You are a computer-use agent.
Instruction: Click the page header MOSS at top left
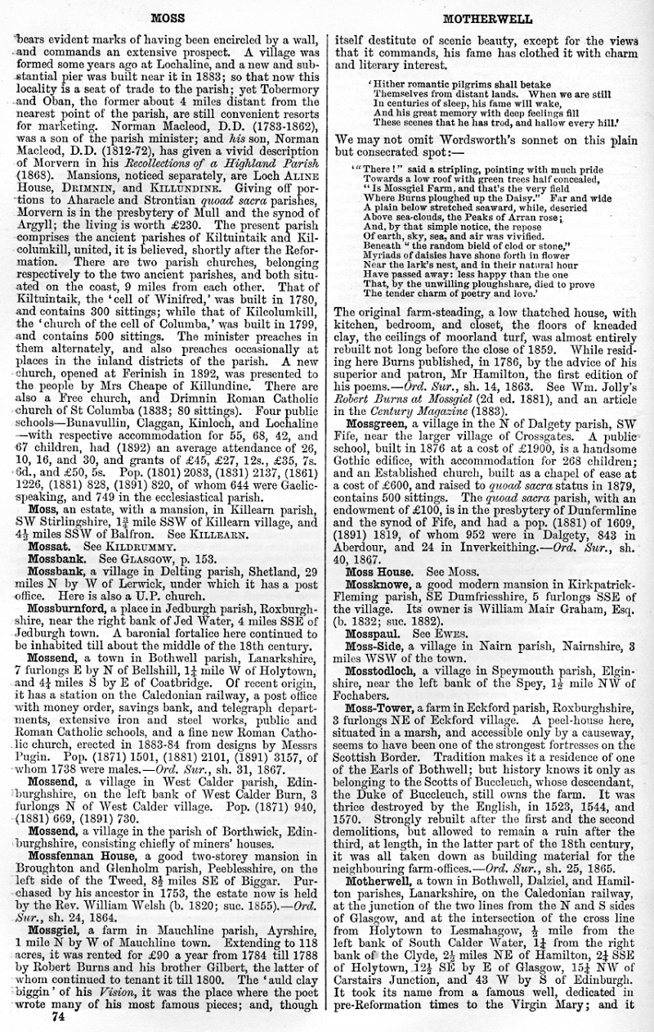click(x=168, y=17)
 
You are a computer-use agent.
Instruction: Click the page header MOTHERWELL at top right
click(x=486, y=17)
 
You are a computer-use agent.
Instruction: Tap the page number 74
click(x=57, y=1017)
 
